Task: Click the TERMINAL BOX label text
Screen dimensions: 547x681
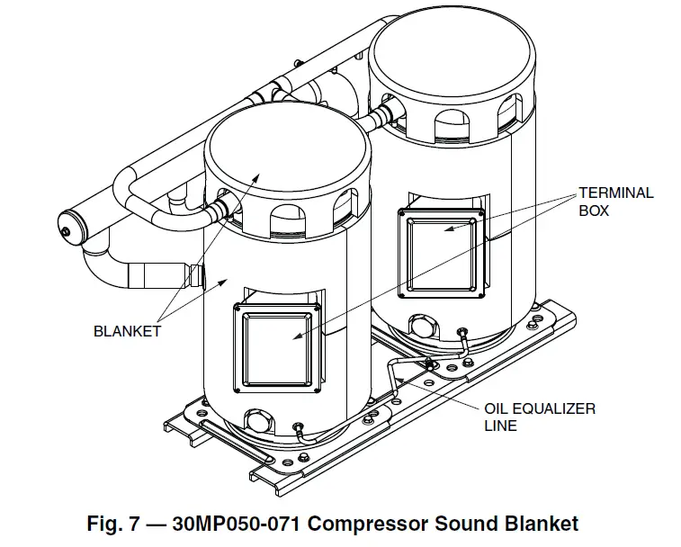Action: [x=615, y=202]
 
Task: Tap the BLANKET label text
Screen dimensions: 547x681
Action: [x=127, y=331]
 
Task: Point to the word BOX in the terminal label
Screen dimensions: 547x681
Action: [x=594, y=211]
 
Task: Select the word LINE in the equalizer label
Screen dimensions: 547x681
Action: [x=500, y=426]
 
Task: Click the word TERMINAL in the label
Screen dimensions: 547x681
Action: [x=615, y=193]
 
